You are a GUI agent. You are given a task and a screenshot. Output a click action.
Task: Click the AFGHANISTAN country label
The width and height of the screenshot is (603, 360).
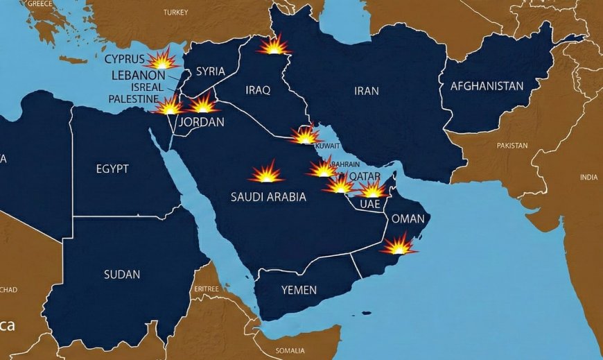[487, 87]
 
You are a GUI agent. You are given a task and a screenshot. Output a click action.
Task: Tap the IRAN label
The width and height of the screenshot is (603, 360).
[366, 91]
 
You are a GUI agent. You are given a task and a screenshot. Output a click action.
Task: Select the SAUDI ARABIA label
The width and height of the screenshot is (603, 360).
[268, 197]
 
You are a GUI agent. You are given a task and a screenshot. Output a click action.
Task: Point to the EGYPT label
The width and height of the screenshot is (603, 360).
[112, 169]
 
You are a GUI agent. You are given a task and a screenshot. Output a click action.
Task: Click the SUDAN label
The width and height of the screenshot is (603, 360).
[122, 275]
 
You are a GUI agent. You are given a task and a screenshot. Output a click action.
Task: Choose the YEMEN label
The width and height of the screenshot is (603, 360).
[299, 290]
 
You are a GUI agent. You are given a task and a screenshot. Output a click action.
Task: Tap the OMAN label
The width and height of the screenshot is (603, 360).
[408, 218]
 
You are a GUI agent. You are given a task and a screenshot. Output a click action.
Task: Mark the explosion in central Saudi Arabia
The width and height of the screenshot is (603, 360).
[266, 173]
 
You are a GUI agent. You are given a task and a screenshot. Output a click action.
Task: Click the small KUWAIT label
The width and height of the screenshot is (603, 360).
[327, 146]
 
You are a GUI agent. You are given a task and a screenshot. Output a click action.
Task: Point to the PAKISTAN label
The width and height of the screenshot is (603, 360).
[512, 146]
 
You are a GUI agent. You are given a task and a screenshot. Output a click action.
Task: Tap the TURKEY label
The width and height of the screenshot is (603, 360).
[175, 12]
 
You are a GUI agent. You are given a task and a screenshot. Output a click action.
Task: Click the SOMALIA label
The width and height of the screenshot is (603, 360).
[289, 350]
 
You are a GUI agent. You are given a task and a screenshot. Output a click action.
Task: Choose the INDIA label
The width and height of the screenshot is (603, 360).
[588, 178]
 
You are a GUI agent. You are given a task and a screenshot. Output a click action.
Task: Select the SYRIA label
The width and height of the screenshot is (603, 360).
[210, 71]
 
